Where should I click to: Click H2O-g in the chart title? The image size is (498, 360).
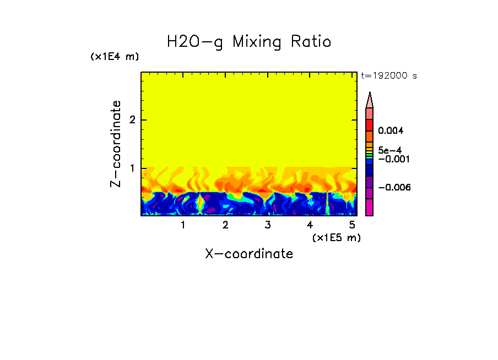coord(195,42)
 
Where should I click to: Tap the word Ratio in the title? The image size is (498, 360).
coord(313,42)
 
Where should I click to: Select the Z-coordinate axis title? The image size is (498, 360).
coord(116,144)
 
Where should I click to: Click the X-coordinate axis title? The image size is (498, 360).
coord(249,254)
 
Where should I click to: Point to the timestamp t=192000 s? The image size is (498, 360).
coord(388,76)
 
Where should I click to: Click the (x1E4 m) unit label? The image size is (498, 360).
coord(115,57)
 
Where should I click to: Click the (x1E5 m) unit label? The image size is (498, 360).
coord(336,237)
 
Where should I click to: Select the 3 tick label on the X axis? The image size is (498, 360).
coord(267,225)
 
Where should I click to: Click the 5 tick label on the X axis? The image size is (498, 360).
coord(352,225)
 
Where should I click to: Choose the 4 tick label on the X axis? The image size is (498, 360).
coord(310,225)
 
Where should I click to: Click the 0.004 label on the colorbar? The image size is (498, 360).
coord(391,131)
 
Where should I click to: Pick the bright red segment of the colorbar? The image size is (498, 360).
coord(369,124)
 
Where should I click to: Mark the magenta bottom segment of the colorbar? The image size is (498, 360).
coord(369,208)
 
